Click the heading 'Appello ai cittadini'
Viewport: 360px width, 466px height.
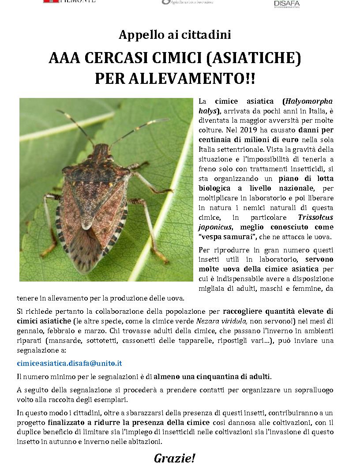(175, 35)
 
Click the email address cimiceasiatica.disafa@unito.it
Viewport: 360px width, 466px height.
(69, 363)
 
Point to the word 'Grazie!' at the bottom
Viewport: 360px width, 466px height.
(174, 458)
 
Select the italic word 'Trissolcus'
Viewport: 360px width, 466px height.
(315, 217)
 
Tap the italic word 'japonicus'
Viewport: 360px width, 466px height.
(214, 227)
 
